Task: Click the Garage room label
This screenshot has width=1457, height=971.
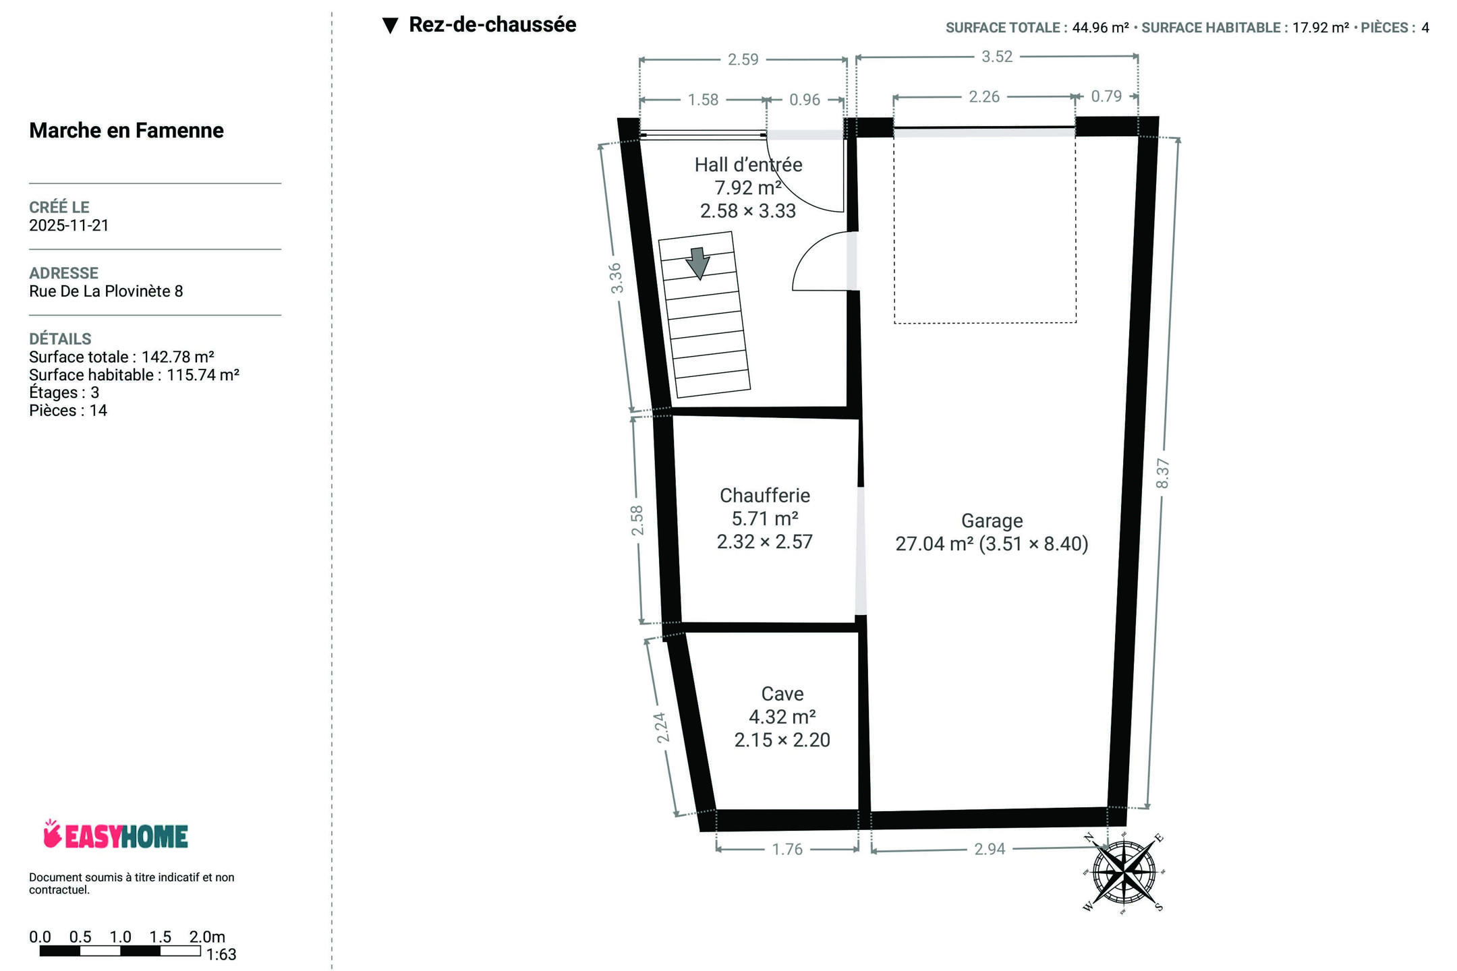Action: coord(992,521)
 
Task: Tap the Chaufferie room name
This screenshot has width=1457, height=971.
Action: coord(765,496)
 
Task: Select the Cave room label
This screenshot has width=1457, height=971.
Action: coord(782,694)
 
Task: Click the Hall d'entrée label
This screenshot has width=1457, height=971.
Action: coord(749,165)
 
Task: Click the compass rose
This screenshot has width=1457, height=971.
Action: coord(1124,873)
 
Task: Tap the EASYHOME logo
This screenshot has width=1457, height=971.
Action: coord(115,835)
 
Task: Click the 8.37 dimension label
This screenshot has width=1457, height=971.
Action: coord(1162,473)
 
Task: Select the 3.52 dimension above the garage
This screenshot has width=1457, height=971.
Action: coord(997,57)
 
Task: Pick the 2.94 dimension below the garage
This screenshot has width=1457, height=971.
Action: coord(990,849)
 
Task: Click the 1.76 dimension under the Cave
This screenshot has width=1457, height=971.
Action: coord(787,849)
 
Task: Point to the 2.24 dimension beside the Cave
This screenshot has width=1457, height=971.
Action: coord(662,728)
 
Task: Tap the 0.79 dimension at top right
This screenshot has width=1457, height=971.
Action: coord(1106,96)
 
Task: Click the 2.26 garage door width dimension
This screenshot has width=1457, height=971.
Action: coord(984,97)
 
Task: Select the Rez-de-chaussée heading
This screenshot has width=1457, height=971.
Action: coord(492,25)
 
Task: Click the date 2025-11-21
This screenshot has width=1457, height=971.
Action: coord(69,225)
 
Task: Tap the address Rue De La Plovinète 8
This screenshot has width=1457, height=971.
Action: coord(106,291)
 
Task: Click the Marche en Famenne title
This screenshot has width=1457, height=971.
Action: coord(126,130)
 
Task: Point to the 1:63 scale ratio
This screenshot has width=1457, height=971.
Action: coord(221,954)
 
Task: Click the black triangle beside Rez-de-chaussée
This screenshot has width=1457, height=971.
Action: coord(390,26)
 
